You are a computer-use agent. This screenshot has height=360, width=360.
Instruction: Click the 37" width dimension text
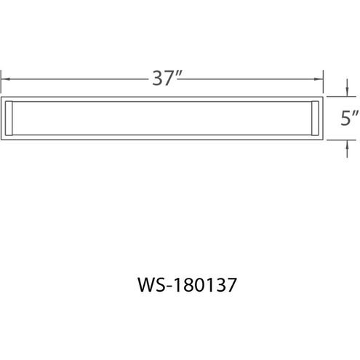coord(166,79)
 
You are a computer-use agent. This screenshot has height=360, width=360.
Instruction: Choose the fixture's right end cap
coord(313,117)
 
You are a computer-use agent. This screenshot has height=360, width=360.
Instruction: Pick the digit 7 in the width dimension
coord(169,79)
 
